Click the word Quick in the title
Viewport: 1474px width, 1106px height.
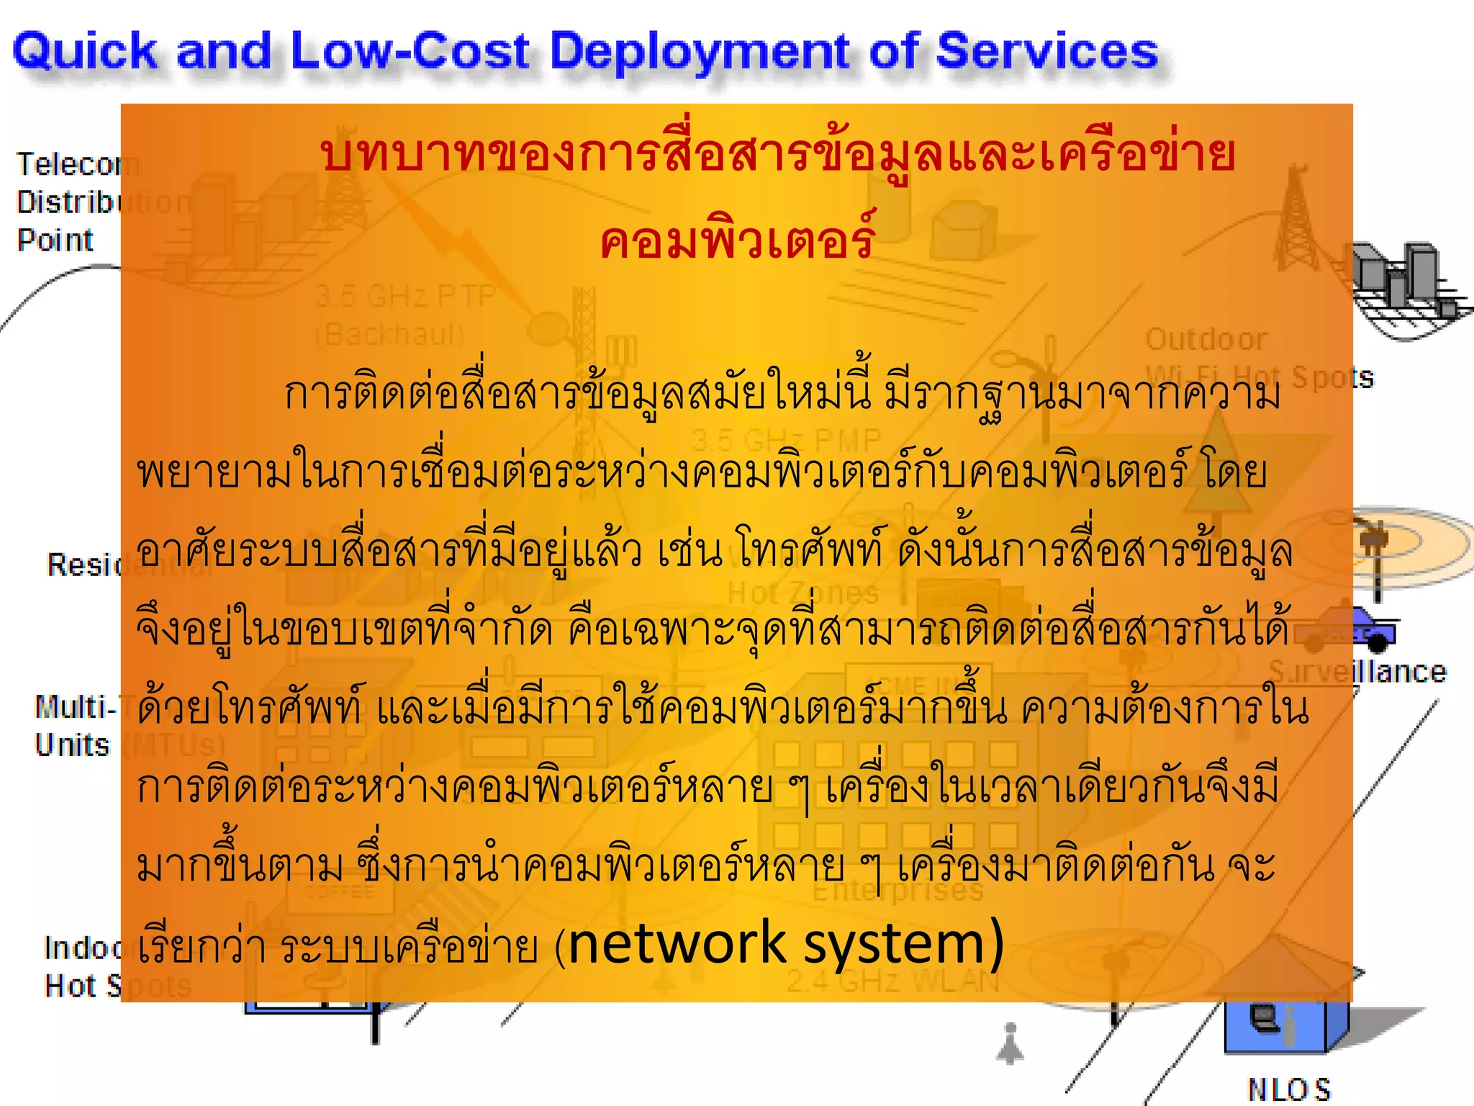coord(85,52)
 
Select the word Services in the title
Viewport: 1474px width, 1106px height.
coord(1046,52)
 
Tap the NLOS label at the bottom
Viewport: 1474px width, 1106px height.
coord(1288,1089)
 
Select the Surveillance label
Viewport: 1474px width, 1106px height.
coord(1357,671)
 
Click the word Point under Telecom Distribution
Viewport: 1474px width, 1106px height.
coord(55,240)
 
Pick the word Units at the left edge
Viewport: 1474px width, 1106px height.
coord(72,745)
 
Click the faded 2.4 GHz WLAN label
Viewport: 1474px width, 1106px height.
coord(892,981)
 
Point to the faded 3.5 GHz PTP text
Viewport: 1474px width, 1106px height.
coord(405,296)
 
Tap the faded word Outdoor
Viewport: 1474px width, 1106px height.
coord(1206,339)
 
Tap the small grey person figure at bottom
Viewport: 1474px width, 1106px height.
coord(1010,1044)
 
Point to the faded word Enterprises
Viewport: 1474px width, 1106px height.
coord(897,891)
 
